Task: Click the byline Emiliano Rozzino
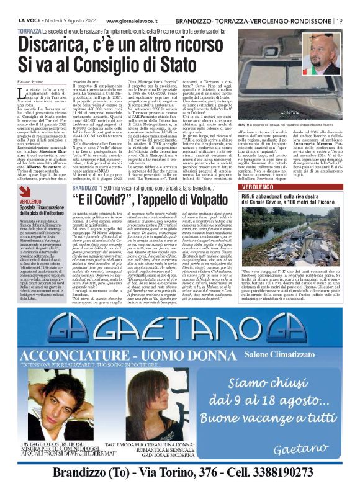point(33,77)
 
